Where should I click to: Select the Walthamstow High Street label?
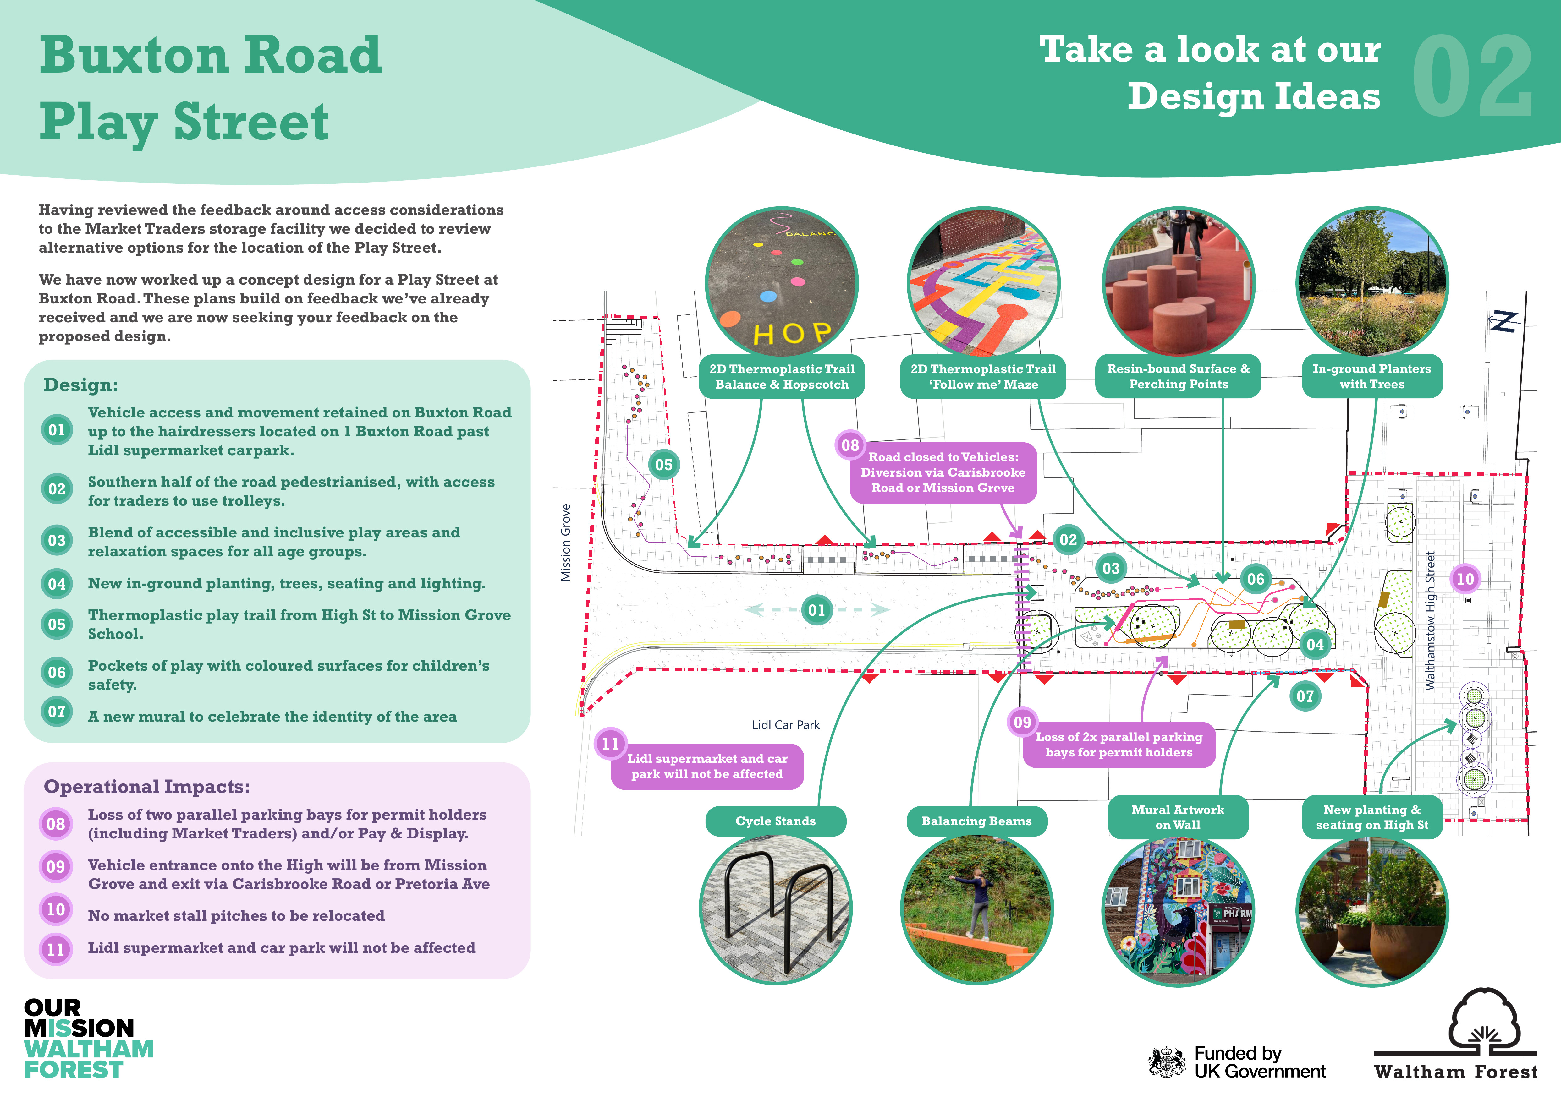coord(1431,620)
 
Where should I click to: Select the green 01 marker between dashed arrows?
coord(816,610)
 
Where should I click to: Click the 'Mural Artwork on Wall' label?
coord(1178,817)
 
